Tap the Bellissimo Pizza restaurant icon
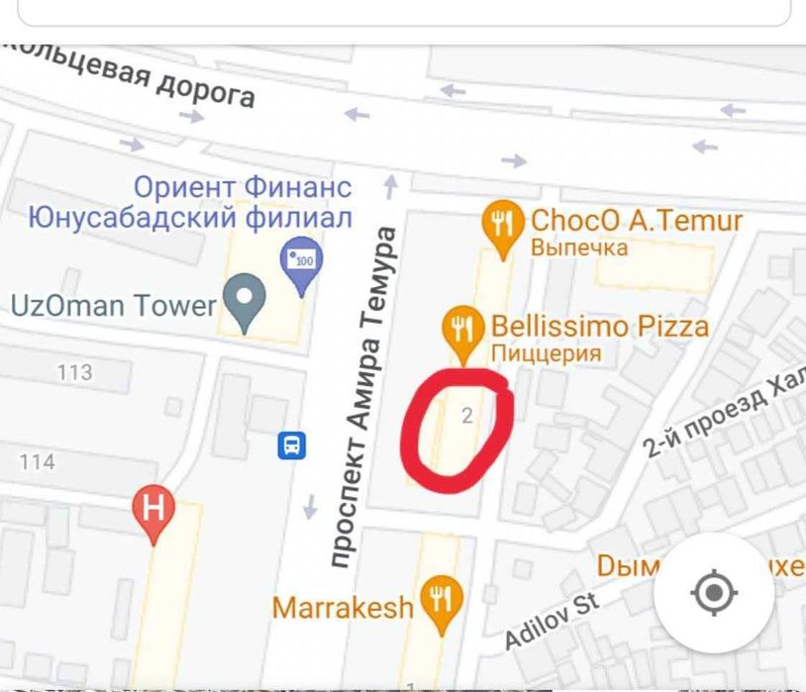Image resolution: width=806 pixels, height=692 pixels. pyautogui.click(x=461, y=329)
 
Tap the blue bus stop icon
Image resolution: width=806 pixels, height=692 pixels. pyautogui.click(x=292, y=445)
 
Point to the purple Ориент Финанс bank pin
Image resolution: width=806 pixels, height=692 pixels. pyautogui.click(x=302, y=261)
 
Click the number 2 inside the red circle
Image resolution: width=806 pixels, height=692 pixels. pyautogui.click(x=467, y=417)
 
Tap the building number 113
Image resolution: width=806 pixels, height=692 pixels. pyautogui.click(x=75, y=373)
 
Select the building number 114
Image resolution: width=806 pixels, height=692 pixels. pyautogui.click(x=37, y=462)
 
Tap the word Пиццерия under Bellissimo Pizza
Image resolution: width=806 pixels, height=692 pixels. pyautogui.click(x=546, y=353)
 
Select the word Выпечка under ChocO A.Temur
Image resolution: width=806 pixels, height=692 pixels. pyautogui.click(x=579, y=247)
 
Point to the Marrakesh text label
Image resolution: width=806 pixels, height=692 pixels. pyautogui.click(x=343, y=607)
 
